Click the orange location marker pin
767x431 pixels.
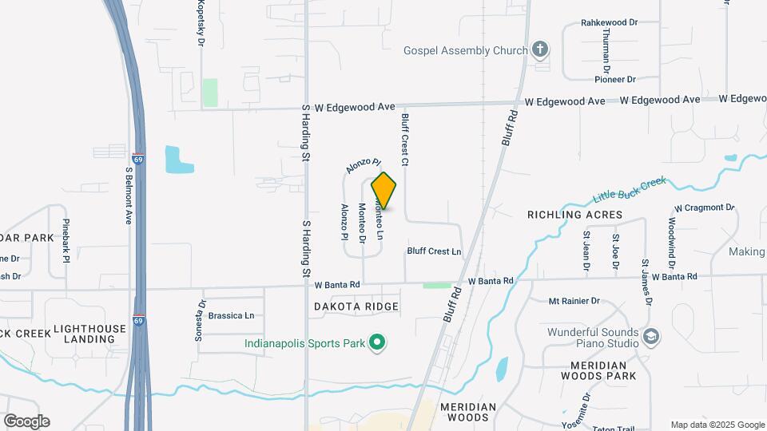(x=384, y=191)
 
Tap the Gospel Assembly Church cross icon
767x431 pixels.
(x=540, y=50)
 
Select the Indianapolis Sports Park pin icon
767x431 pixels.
(x=378, y=345)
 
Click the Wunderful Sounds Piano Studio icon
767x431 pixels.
(x=651, y=338)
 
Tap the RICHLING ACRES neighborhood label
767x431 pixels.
(x=574, y=215)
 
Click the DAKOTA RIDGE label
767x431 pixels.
(x=356, y=306)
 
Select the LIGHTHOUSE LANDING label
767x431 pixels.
(x=89, y=334)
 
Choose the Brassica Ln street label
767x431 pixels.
(x=231, y=315)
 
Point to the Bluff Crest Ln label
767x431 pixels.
(x=434, y=251)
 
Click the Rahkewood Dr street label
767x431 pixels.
(x=609, y=23)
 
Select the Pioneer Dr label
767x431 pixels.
(x=614, y=79)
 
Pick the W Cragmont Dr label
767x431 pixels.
(x=704, y=208)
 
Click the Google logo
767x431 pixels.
(x=26, y=421)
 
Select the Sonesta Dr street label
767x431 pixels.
(x=201, y=320)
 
